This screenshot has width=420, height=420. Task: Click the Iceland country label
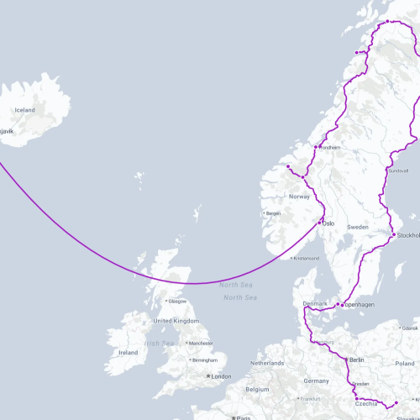24,110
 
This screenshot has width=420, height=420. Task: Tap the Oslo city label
328,224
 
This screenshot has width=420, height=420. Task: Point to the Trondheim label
329,148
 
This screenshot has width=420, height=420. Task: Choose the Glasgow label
177,301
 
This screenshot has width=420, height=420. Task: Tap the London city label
222,376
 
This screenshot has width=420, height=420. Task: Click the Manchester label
201,344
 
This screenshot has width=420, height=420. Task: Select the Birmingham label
206,360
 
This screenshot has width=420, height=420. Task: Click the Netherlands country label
268,363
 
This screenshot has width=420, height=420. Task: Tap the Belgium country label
257,390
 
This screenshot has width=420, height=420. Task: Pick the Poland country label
405,364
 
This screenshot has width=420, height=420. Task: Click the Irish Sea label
159,344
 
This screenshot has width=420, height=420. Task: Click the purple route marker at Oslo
320,223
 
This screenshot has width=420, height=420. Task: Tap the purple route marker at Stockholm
393,235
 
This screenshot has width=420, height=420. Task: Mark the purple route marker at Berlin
346,359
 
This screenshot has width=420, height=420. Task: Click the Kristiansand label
306,259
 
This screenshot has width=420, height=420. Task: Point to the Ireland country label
129,353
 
